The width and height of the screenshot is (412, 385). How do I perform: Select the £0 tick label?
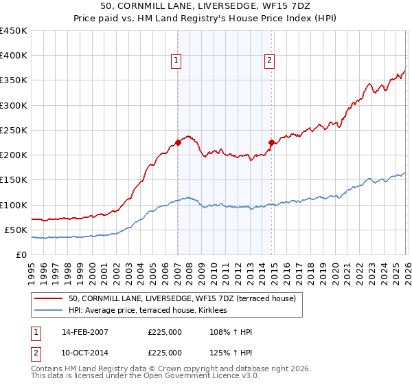[x=22, y=254]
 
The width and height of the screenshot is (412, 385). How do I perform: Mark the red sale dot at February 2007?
[x=178, y=142]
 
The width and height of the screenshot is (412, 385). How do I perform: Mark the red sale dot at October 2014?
[x=271, y=142]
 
